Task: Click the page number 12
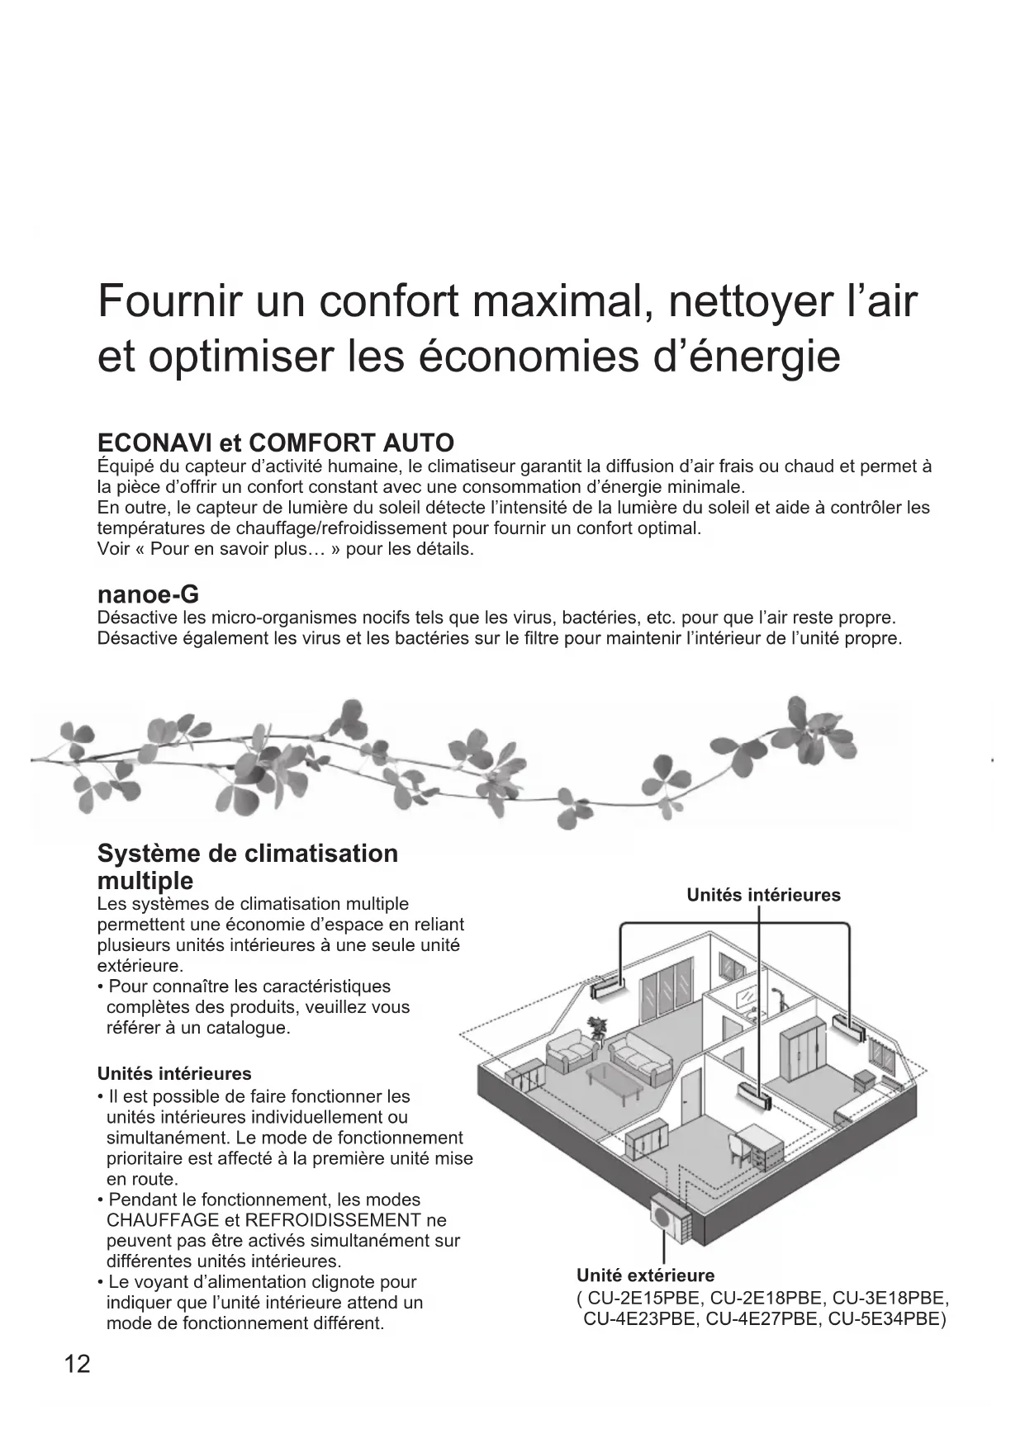pyautogui.click(x=77, y=1365)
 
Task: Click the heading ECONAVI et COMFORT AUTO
pyautogui.click(x=275, y=442)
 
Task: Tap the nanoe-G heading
pyautogui.click(x=148, y=594)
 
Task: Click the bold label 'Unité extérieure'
pyautogui.click(x=645, y=1275)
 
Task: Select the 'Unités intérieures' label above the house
pyautogui.click(x=763, y=895)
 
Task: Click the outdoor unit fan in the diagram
pyautogui.click(x=663, y=1214)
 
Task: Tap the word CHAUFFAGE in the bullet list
pyautogui.click(x=163, y=1220)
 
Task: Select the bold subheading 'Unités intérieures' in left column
pyautogui.click(x=174, y=1074)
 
